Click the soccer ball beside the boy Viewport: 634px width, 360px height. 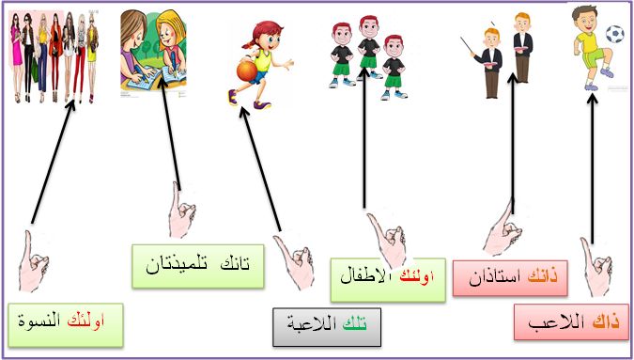coord(614,35)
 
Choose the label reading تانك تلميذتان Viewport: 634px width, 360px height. coord(197,264)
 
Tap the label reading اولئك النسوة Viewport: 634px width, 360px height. coord(65,322)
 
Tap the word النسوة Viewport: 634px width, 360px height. coord(39,322)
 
